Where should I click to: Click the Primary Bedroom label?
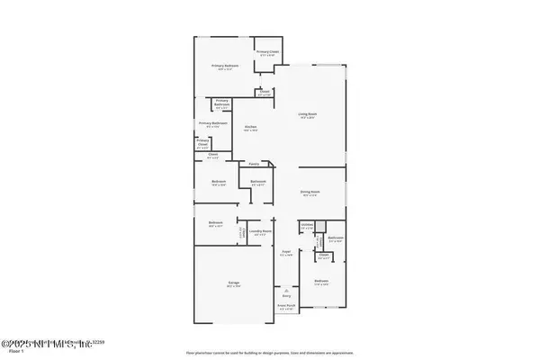[x=225, y=66]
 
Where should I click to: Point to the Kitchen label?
[x=251, y=127]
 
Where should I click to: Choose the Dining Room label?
[x=310, y=191]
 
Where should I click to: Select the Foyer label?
[x=285, y=252]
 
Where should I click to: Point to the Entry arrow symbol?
[x=285, y=292]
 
